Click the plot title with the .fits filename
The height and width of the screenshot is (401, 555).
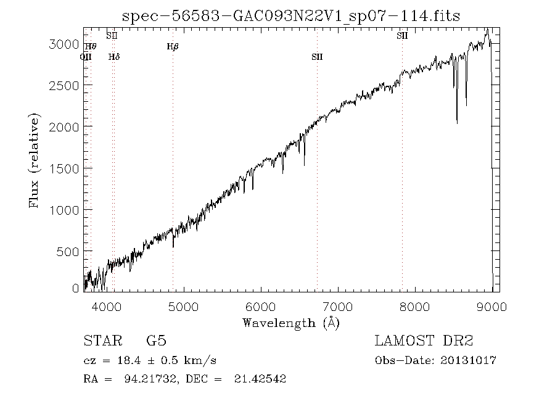[x=291, y=15]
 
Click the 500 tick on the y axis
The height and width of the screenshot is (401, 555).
[x=69, y=251]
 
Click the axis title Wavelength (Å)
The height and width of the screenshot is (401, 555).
[x=291, y=323]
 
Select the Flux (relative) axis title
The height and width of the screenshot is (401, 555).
[x=36, y=160]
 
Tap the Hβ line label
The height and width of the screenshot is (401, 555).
[x=173, y=46]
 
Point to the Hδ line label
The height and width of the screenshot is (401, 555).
[x=114, y=57]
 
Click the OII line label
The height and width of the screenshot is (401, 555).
[x=86, y=57]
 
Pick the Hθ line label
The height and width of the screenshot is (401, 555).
[x=91, y=46]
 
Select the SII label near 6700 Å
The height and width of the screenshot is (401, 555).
[x=317, y=57]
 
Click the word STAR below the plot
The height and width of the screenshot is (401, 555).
[x=103, y=341]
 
